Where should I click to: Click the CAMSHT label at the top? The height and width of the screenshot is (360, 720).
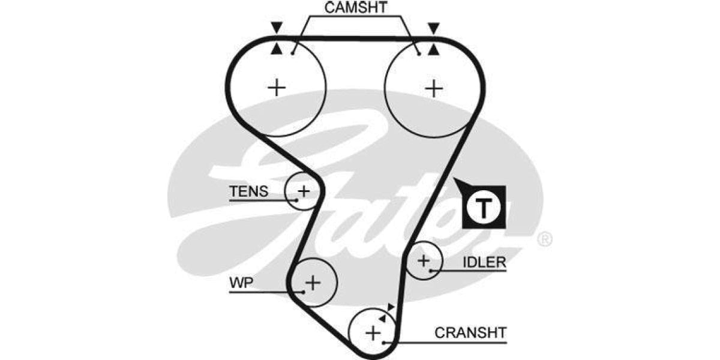356,8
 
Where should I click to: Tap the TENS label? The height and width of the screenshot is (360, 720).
248,191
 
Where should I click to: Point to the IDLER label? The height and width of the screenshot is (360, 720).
484,262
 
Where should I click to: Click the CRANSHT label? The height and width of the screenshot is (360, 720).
471,332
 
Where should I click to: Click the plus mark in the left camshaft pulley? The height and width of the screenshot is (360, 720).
277,88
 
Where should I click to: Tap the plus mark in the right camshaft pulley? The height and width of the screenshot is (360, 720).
433,88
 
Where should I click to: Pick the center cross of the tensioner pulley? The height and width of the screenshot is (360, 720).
304,191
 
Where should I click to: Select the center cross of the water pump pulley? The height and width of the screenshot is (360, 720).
313,281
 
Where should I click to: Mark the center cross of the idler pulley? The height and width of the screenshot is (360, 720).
424,260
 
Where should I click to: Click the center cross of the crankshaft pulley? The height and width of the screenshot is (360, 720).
373,332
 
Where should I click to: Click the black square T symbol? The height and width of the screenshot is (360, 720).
484,208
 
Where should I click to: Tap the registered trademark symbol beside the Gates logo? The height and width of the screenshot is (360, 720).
544,239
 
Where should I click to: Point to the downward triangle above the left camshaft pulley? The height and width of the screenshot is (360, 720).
276,28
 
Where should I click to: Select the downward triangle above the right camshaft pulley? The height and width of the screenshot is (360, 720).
433,28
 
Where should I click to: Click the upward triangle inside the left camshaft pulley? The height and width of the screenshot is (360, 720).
276,49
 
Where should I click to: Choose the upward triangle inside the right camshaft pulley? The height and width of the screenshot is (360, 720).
433,49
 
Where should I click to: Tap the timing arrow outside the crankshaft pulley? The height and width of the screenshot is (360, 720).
391,307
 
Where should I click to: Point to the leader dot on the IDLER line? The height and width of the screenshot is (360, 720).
431,271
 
